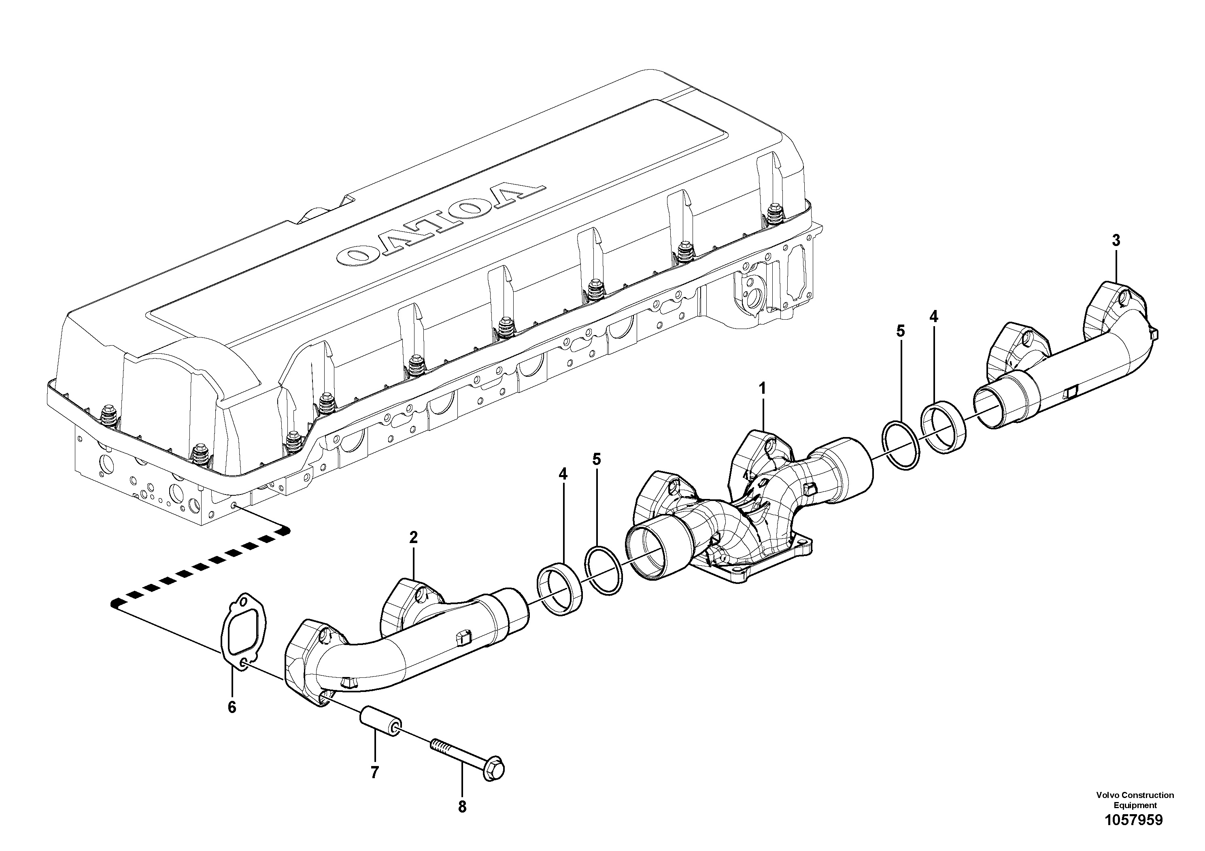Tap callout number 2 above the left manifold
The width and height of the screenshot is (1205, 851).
point(414,537)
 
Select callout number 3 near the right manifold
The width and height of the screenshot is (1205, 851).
point(1116,241)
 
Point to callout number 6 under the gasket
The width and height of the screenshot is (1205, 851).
point(232,707)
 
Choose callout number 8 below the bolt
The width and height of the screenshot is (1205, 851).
point(462,807)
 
